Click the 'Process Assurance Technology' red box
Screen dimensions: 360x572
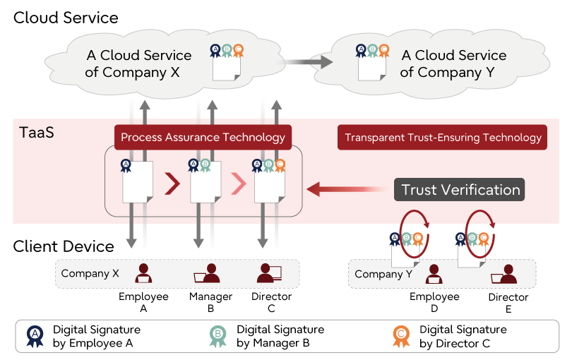point(203,137)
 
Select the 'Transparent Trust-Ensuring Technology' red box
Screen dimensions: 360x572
point(442,137)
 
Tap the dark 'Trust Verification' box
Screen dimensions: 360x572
point(460,190)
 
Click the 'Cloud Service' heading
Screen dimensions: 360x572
point(66,18)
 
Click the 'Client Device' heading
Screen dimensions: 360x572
point(64,246)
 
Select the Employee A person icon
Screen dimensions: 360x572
point(144,273)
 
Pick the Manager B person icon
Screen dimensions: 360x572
point(210,273)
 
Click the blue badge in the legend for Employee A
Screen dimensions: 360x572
point(35,336)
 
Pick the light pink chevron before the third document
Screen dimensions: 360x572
point(239,185)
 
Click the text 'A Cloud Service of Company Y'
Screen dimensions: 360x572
point(453,64)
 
